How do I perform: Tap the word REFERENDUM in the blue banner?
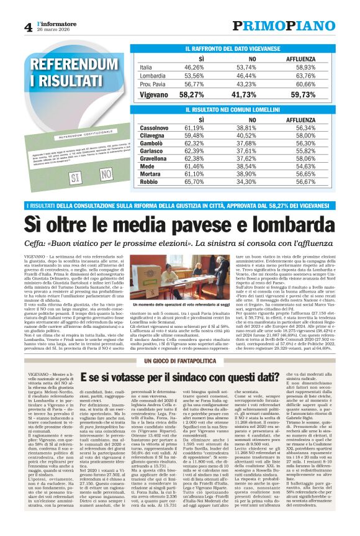[74, 65]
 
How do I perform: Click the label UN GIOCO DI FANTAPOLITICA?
[180, 361]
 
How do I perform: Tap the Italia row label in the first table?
[146, 67]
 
